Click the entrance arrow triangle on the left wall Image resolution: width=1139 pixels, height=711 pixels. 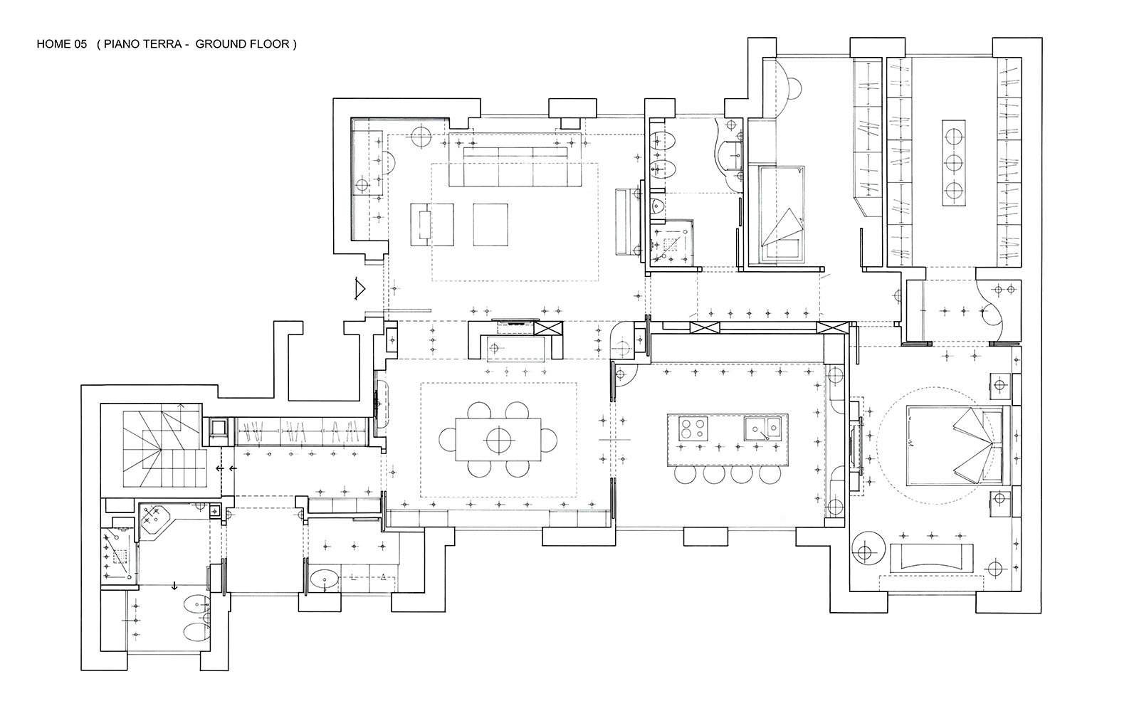[359, 289]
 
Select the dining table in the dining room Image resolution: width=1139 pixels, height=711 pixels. [498, 440]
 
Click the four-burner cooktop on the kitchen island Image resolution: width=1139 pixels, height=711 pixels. [693, 428]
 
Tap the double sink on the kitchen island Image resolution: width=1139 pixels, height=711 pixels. [762, 428]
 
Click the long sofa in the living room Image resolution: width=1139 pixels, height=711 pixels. [515, 160]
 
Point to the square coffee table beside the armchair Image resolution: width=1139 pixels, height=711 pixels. [490, 225]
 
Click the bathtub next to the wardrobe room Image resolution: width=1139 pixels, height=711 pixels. [782, 214]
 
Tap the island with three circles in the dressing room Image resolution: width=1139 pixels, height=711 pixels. [953, 163]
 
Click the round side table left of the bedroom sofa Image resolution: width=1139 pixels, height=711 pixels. [868, 549]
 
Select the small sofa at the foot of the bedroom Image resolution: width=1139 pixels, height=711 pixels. [932, 558]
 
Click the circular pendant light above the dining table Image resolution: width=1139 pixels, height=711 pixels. [498, 440]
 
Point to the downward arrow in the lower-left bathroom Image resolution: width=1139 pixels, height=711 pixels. [174, 586]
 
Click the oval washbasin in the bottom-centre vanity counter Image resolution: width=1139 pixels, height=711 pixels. [325, 579]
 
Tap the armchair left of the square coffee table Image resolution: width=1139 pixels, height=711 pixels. [432, 225]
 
